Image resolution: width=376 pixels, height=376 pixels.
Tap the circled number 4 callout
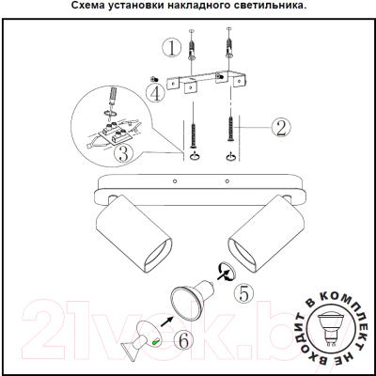pyautogui.click(x=154, y=93)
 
